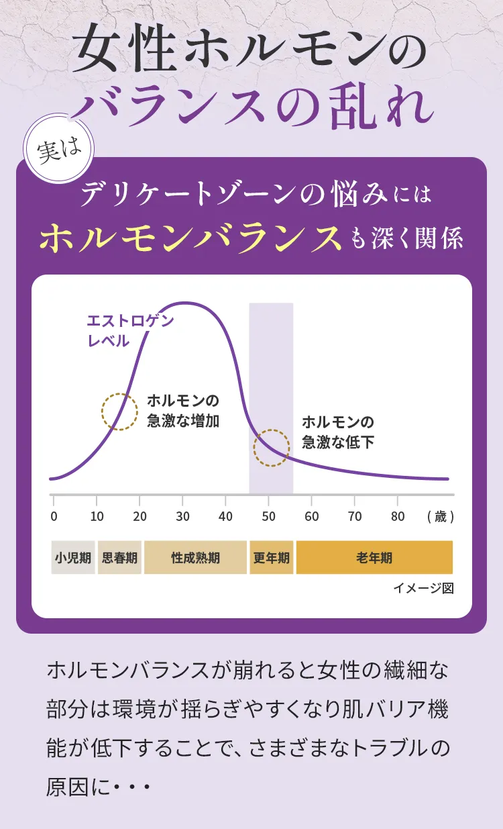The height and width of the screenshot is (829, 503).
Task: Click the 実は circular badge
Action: pos(59,152)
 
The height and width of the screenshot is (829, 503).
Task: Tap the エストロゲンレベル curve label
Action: pos(129,330)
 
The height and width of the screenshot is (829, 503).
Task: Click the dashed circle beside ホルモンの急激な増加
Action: pos(119,411)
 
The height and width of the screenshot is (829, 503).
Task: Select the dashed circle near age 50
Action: pos(272,448)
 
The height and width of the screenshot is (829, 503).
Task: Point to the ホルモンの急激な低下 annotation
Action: pos(337,432)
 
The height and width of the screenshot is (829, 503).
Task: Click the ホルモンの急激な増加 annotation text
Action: pos(183,411)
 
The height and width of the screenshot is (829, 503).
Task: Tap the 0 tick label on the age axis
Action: pos(54,516)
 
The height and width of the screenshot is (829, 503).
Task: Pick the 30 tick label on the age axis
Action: pos(182,516)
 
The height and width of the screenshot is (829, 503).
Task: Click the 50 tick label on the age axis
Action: pos(268,516)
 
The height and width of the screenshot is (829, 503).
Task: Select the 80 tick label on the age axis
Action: pos(397,516)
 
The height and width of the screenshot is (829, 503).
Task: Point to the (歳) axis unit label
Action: pos(440,517)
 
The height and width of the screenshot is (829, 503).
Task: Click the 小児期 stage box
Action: pos(73,558)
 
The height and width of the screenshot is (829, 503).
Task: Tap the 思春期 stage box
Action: pos(119,558)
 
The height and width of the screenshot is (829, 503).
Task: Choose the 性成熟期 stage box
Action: pos(195,558)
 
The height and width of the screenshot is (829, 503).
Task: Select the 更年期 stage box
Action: pos(271,558)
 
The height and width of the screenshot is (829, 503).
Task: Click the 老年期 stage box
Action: pos(374,558)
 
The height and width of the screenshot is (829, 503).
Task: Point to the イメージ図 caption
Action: pos(423,588)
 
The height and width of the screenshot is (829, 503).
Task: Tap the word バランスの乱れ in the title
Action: pos(252,107)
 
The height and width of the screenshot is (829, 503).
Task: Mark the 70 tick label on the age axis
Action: pos(354,516)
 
